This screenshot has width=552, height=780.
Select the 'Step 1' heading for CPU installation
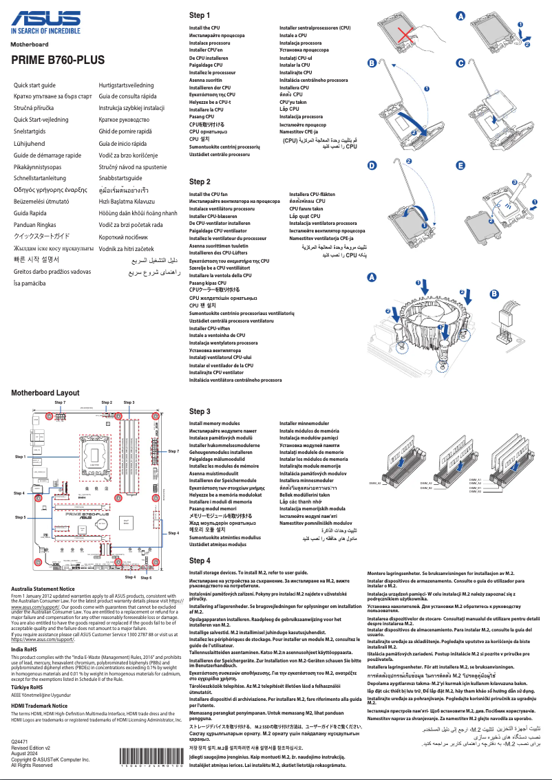coord(199,15)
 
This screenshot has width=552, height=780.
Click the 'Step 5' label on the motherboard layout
coord(20,517)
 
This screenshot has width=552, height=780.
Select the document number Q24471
coord(21,741)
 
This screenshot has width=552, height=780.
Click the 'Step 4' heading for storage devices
coord(199,561)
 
